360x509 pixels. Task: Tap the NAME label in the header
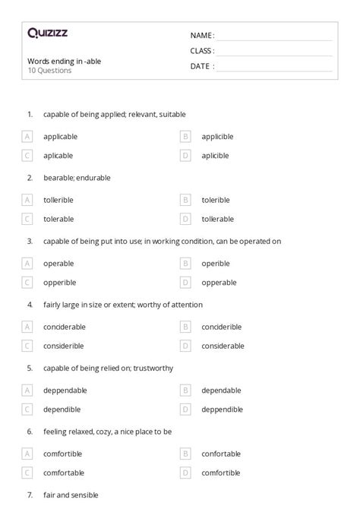point(202,36)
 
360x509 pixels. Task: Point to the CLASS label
point(202,51)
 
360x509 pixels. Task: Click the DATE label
point(202,66)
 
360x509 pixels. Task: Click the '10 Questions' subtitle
point(49,71)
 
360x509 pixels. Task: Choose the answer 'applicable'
point(61,137)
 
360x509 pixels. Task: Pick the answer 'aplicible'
point(216,155)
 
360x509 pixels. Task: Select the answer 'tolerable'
point(59,218)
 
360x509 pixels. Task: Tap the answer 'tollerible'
point(59,200)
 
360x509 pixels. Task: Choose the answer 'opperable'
point(219,282)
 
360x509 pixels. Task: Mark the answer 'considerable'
point(223,345)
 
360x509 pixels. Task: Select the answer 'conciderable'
point(65,327)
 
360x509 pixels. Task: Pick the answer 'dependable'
point(221,390)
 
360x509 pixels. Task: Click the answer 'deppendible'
point(223,409)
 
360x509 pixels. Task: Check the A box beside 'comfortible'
point(27,454)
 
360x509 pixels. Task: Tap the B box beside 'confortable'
point(185,454)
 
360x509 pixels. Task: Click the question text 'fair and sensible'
point(71,495)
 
